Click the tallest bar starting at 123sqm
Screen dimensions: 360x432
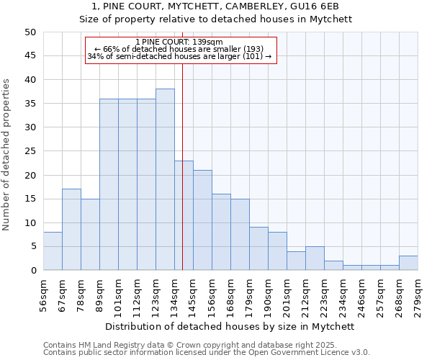tap(165, 179)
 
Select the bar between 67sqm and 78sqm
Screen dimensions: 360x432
tap(71, 230)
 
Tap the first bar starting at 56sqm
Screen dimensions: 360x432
tap(53, 251)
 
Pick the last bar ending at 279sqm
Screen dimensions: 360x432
tap(408, 263)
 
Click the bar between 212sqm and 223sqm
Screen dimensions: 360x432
tap(315, 258)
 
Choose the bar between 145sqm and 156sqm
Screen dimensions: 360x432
tap(202, 220)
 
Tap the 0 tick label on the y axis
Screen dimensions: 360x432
tap(32, 271)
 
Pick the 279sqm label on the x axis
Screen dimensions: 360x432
tap(418, 296)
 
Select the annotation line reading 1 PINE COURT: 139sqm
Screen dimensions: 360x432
tap(179, 42)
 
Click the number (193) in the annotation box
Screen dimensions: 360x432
tap(259, 49)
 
